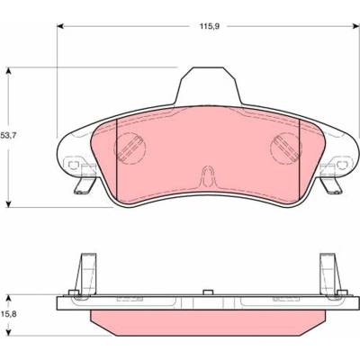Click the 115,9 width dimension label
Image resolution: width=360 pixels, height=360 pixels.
210,26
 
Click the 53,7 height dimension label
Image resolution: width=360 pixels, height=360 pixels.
9,135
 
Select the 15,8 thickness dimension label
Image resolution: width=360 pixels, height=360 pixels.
9,314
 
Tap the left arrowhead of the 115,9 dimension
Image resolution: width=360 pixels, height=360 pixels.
60,26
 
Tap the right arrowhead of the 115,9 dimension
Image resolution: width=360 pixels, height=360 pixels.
356,26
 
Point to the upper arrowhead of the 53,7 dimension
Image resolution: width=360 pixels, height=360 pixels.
9,71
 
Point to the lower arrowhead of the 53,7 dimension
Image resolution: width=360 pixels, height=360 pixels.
9,203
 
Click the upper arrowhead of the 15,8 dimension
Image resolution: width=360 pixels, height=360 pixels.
9,298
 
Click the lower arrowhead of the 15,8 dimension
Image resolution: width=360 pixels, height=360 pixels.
9,332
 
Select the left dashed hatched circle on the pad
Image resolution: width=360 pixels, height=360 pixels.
130,148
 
